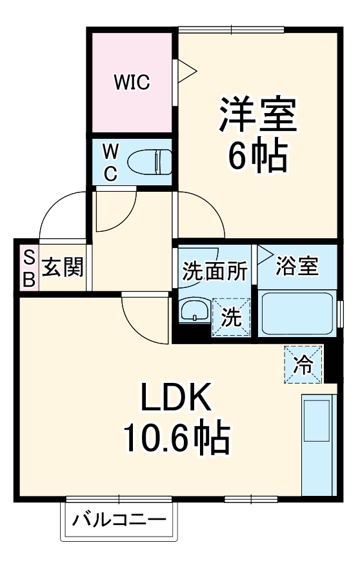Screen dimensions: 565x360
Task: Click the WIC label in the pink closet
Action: (x=132, y=82)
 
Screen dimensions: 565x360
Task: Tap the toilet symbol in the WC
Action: (x=149, y=161)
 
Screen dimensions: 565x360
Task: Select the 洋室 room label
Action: (x=257, y=114)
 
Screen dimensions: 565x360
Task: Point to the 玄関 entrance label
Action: (x=63, y=267)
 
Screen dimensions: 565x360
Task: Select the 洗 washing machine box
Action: (x=232, y=316)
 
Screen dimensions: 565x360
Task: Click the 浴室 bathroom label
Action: (x=297, y=266)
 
